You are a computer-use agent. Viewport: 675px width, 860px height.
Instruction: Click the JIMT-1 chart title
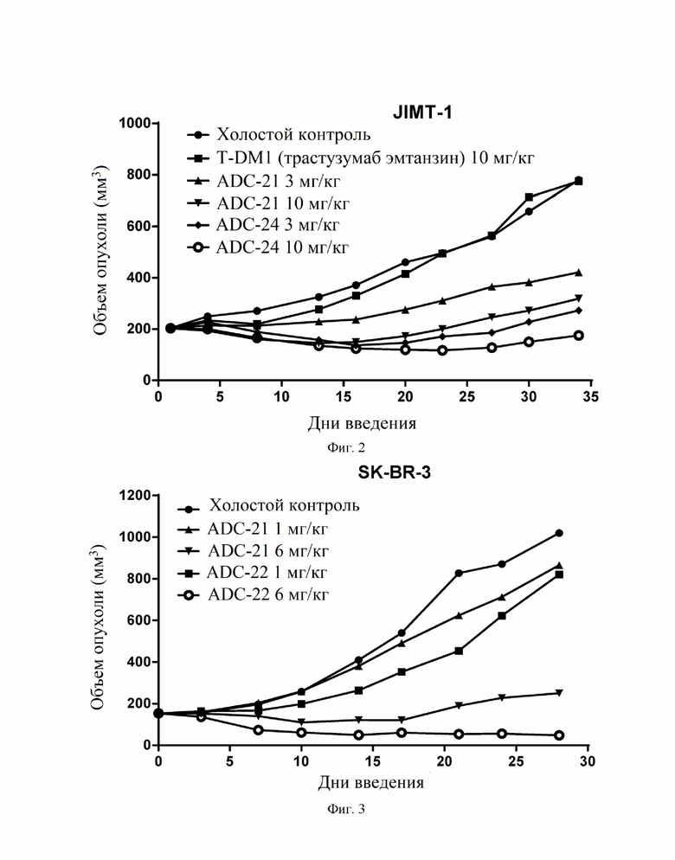(x=422, y=112)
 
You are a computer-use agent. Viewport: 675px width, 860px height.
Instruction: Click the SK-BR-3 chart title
(x=394, y=472)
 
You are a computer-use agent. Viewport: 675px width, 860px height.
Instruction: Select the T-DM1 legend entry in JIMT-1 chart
(x=360, y=158)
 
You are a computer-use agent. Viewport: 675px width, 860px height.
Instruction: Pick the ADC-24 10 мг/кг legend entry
(x=267, y=247)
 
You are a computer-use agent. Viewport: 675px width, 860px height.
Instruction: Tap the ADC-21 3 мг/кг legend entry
(x=264, y=181)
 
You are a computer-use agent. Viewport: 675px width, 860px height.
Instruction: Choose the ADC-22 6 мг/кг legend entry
(x=254, y=594)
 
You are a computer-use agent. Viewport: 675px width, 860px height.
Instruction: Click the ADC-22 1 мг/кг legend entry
(x=253, y=573)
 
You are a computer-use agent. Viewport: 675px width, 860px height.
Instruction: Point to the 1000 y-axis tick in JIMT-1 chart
(x=135, y=123)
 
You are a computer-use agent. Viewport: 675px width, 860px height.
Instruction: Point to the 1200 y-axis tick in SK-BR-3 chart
(x=135, y=495)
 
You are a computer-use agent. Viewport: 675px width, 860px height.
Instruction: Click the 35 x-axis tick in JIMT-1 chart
(x=590, y=396)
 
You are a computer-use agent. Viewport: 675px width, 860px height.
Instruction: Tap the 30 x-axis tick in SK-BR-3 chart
(x=588, y=761)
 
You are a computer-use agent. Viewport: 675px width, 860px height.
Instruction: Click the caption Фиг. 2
(x=346, y=447)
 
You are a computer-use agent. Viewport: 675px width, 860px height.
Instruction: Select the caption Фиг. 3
(x=346, y=809)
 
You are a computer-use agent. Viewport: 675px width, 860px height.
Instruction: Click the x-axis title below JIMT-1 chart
(x=362, y=423)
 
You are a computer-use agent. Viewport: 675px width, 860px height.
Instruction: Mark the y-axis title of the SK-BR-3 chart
(x=99, y=627)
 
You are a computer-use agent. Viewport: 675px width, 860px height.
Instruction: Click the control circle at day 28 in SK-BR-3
(x=559, y=533)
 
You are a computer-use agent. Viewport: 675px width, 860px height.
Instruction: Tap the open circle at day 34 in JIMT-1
(x=578, y=336)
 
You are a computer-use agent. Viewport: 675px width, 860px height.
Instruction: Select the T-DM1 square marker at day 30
(x=529, y=197)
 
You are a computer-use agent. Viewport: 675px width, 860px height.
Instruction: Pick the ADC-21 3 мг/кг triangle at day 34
(x=578, y=272)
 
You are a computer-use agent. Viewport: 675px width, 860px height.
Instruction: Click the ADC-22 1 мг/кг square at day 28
(x=559, y=574)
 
